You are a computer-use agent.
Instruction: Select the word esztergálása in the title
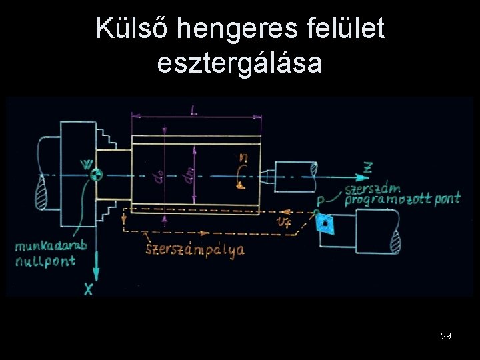pyautogui.click(x=239, y=63)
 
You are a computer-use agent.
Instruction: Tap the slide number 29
pyautogui.click(x=446, y=337)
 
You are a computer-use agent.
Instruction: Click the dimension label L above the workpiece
pyautogui.click(x=194, y=111)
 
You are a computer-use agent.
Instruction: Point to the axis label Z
pyautogui.click(x=367, y=167)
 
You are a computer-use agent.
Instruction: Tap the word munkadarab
pyautogui.click(x=51, y=246)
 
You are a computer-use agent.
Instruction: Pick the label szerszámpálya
pyautogui.click(x=195, y=250)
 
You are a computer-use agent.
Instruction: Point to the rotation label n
pyautogui.click(x=245, y=158)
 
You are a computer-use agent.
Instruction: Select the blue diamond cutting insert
pyautogui.click(x=327, y=223)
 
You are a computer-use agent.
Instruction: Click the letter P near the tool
pyautogui.click(x=321, y=200)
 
